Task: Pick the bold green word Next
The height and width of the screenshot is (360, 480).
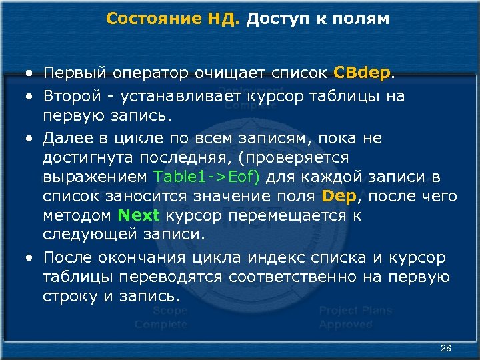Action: (139, 215)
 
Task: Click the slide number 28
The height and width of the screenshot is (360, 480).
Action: (446, 348)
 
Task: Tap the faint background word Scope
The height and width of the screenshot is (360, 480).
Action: (169, 311)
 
